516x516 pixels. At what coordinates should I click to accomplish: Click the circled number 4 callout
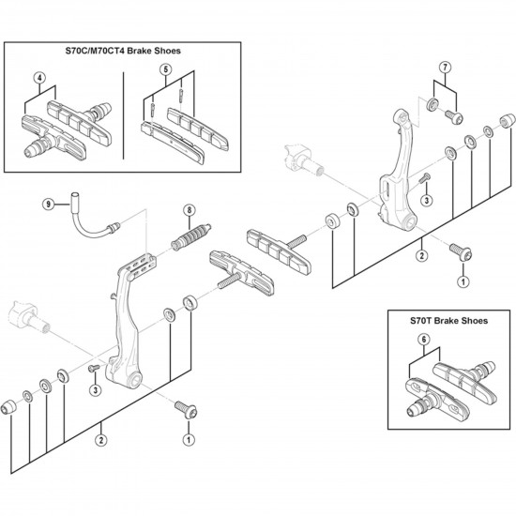tap(39, 78)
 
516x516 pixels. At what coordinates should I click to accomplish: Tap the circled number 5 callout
tap(165, 69)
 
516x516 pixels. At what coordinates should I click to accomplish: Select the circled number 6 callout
tap(424, 340)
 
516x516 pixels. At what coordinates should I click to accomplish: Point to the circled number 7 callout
tap(446, 68)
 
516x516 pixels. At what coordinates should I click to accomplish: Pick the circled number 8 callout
tap(190, 210)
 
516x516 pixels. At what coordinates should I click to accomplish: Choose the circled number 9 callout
tap(49, 205)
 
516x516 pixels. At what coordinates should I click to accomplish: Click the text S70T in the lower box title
tap(421, 321)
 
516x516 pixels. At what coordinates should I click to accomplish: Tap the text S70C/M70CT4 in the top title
tap(95, 51)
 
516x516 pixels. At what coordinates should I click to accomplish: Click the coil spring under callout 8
tap(190, 236)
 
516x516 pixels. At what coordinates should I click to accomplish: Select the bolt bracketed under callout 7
tap(454, 117)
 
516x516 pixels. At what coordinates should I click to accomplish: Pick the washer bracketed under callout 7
tap(433, 105)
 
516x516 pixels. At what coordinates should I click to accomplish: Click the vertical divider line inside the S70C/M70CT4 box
tap(124, 115)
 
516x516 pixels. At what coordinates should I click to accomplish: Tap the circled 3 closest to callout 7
tap(427, 200)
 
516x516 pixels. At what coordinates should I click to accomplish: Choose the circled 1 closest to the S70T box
tap(463, 281)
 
